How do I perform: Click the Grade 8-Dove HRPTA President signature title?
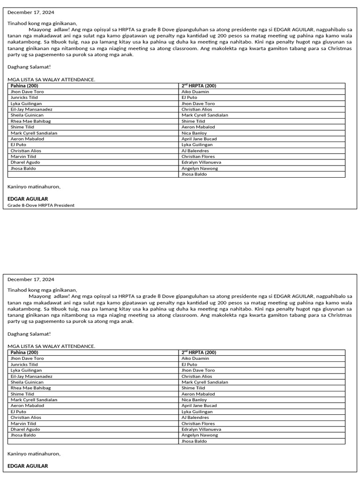click(x=41, y=205)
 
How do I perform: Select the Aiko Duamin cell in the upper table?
click(x=195, y=92)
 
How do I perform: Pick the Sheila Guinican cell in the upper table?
click(x=27, y=115)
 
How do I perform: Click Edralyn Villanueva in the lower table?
click(x=201, y=429)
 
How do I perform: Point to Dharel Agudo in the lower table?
click(x=25, y=429)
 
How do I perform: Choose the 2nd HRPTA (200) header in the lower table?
click(x=198, y=352)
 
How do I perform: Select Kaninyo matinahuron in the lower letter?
click(x=34, y=454)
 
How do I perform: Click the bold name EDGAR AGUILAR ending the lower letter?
click(x=28, y=466)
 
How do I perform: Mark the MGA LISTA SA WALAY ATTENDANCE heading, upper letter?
click(x=51, y=80)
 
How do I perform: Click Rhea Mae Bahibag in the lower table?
click(x=30, y=388)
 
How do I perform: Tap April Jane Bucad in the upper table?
click(x=199, y=139)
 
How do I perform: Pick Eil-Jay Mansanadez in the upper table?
click(x=31, y=109)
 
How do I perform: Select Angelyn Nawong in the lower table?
click(x=199, y=435)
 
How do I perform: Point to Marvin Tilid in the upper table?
click(x=23, y=157)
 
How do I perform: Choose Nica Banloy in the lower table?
click(x=194, y=400)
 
